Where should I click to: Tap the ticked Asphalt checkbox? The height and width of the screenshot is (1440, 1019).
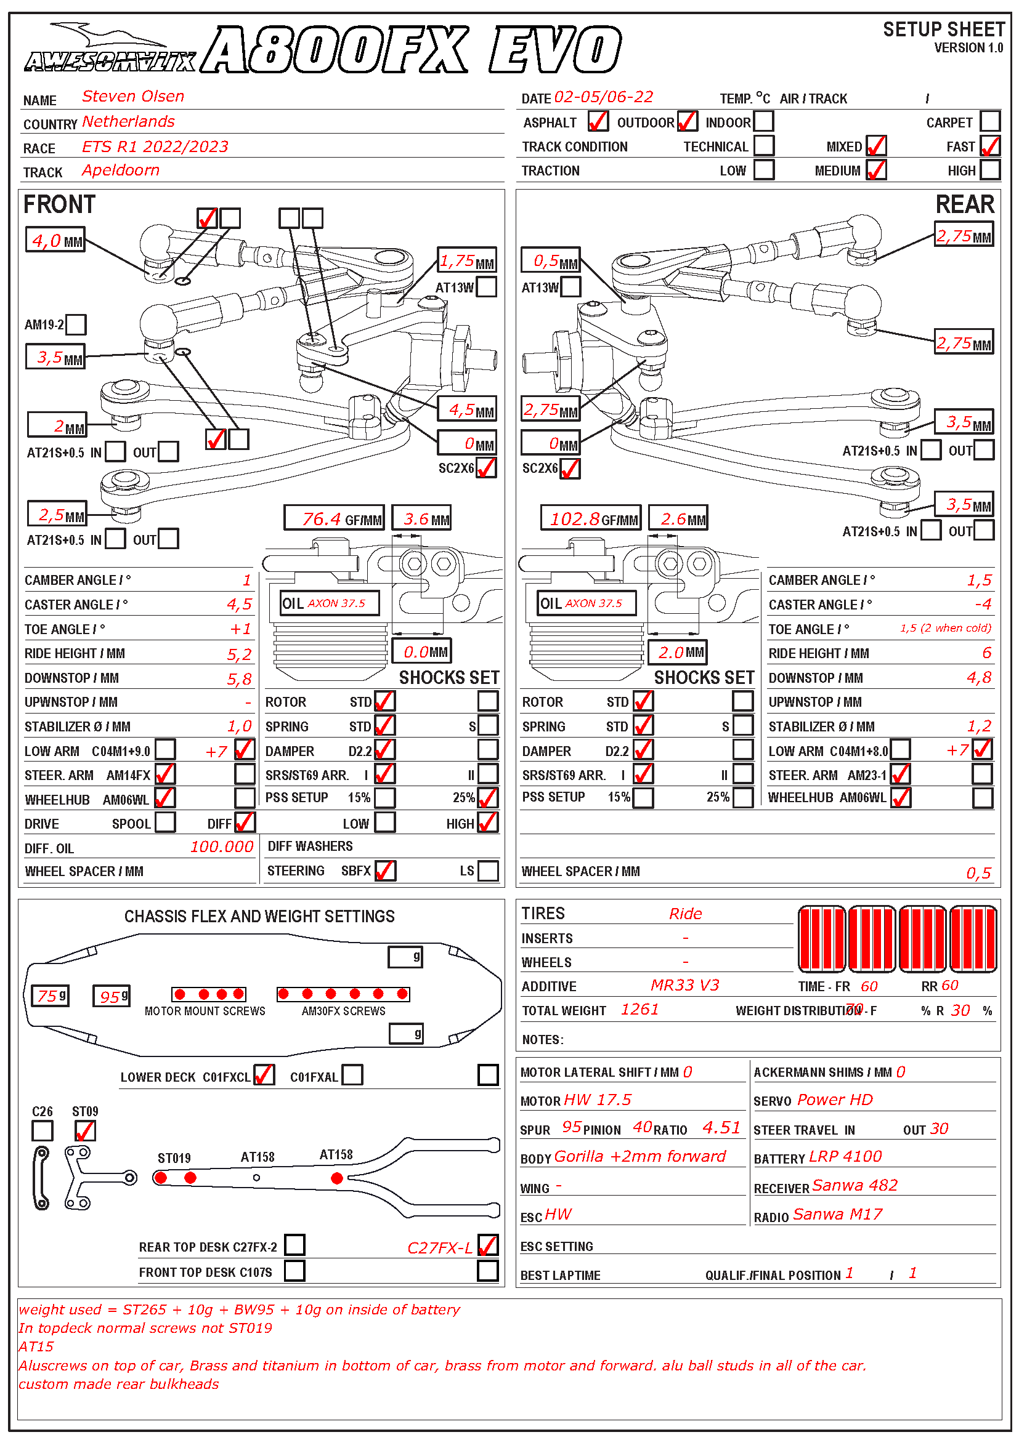pyautogui.click(x=598, y=121)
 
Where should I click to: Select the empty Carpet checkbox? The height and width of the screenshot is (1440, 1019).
pyautogui.click(x=989, y=121)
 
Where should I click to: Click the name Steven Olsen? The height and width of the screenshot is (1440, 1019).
pyautogui.click(x=133, y=97)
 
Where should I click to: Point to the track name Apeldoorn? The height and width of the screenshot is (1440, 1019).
pyautogui.click(x=121, y=171)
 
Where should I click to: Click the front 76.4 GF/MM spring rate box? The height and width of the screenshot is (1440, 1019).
pyautogui.click(x=333, y=518)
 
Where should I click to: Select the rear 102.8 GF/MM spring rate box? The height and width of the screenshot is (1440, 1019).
pyautogui.click(x=590, y=518)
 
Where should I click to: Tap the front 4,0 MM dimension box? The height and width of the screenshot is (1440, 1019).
pyautogui.click(x=55, y=240)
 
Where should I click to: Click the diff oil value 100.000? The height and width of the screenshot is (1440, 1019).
pyautogui.click(x=222, y=847)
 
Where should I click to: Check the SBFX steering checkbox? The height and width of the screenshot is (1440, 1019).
pyautogui.click(x=384, y=871)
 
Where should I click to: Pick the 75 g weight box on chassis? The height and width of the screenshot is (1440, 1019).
pyautogui.click(x=50, y=996)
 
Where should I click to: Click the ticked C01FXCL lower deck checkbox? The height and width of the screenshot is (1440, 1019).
pyautogui.click(x=264, y=1075)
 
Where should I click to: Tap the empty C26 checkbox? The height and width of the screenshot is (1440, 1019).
pyautogui.click(x=43, y=1130)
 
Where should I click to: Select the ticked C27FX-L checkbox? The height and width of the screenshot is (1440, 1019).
pyautogui.click(x=487, y=1245)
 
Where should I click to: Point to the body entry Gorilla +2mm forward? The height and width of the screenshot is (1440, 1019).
pyautogui.click(x=640, y=1156)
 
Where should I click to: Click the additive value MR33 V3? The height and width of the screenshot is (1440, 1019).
pyautogui.click(x=684, y=985)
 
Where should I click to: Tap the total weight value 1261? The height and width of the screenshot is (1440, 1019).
pyautogui.click(x=639, y=1009)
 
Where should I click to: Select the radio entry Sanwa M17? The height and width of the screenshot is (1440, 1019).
pyautogui.click(x=837, y=1214)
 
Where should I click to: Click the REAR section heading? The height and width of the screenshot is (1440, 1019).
pyautogui.click(x=964, y=204)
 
